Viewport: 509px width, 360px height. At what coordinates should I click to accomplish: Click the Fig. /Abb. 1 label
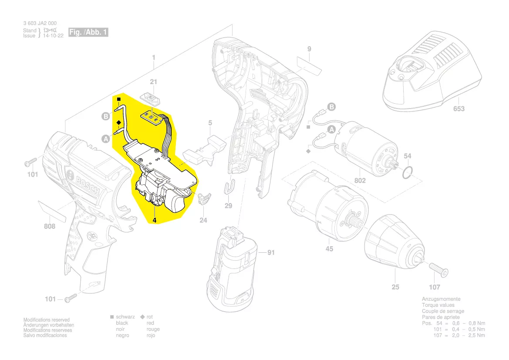coord(88,33)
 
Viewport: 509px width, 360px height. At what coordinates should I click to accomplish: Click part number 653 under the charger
coord(459,109)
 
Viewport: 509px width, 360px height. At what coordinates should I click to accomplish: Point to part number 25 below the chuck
coord(395,287)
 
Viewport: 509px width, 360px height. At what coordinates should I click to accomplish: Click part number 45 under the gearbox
coord(330,249)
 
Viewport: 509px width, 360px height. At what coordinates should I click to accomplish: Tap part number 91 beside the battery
coord(271,252)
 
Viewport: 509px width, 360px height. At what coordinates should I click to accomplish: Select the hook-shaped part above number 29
coord(229,187)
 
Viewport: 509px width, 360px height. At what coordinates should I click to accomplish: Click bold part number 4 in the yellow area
coord(154,220)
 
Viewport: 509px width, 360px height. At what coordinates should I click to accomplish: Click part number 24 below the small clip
coord(203,221)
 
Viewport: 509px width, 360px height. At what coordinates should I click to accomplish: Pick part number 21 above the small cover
coord(153,82)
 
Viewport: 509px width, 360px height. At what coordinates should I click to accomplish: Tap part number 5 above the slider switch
coord(210,123)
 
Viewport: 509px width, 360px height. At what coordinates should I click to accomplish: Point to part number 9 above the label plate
coord(309,49)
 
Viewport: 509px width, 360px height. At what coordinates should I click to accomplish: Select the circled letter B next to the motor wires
coord(331,107)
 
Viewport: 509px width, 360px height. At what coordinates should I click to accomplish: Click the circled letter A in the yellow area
coord(105,139)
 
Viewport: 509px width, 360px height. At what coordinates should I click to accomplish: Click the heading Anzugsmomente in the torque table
coord(441,299)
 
